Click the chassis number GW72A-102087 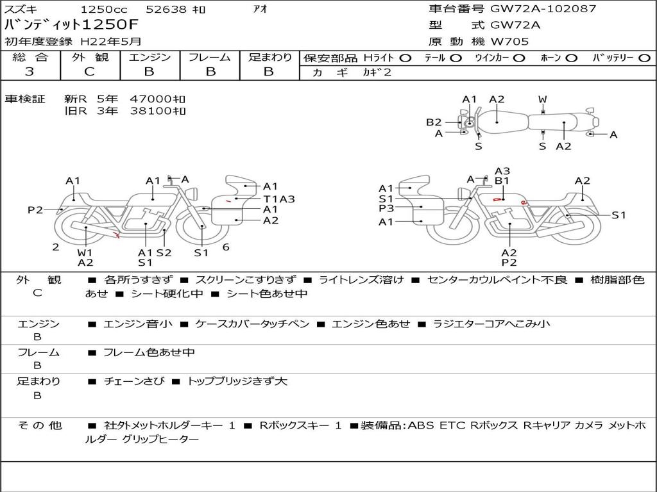tap(543, 9)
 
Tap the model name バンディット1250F tap(71, 26)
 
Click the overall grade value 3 tap(30, 72)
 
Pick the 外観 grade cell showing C tap(89, 72)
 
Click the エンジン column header tap(149, 58)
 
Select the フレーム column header tap(209, 58)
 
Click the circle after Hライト tap(405, 58)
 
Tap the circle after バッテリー tap(644, 58)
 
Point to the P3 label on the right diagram tap(386, 208)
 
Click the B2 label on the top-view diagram tap(434, 122)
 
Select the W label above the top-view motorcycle tap(543, 99)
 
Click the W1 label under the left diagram tap(85, 252)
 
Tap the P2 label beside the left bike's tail tap(35, 209)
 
